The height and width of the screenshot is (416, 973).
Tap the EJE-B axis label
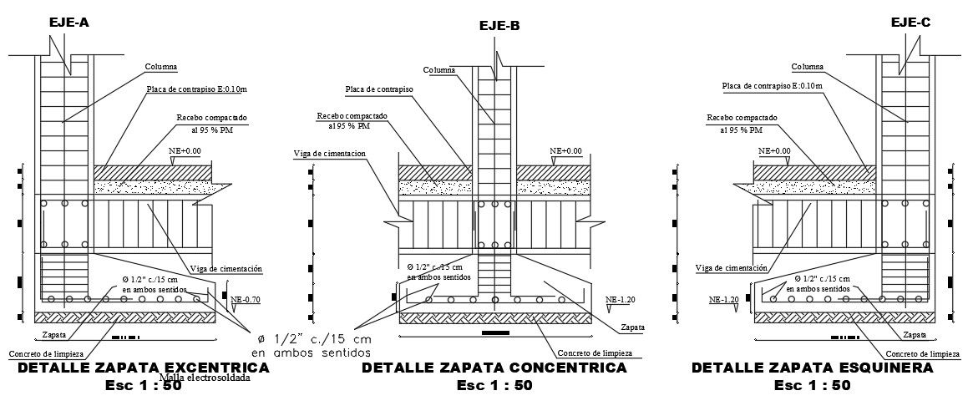click(x=499, y=27)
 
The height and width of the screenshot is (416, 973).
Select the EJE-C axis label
click(x=910, y=23)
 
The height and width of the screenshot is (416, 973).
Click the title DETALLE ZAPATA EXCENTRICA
click(x=119, y=368)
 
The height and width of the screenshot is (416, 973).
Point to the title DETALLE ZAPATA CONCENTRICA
click(x=494, y=368)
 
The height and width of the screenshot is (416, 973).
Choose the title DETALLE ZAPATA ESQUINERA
click(x=812, y=368)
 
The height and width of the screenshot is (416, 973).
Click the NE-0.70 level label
click(x=246, y=299)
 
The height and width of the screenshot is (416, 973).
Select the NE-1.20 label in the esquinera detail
click(x=724, y=299)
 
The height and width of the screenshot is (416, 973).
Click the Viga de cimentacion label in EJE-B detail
click(x=332, y=154)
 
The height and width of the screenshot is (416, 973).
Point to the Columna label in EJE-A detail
click(x=162, y=66)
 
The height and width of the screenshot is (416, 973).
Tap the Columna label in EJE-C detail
click(x=807, y=66)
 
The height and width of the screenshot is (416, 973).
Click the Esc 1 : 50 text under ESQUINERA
click(x=812, y=386)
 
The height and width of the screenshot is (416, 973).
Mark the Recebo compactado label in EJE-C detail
click(x=742, y=118)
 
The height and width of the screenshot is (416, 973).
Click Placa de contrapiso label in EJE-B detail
click(x=378, y=89)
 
